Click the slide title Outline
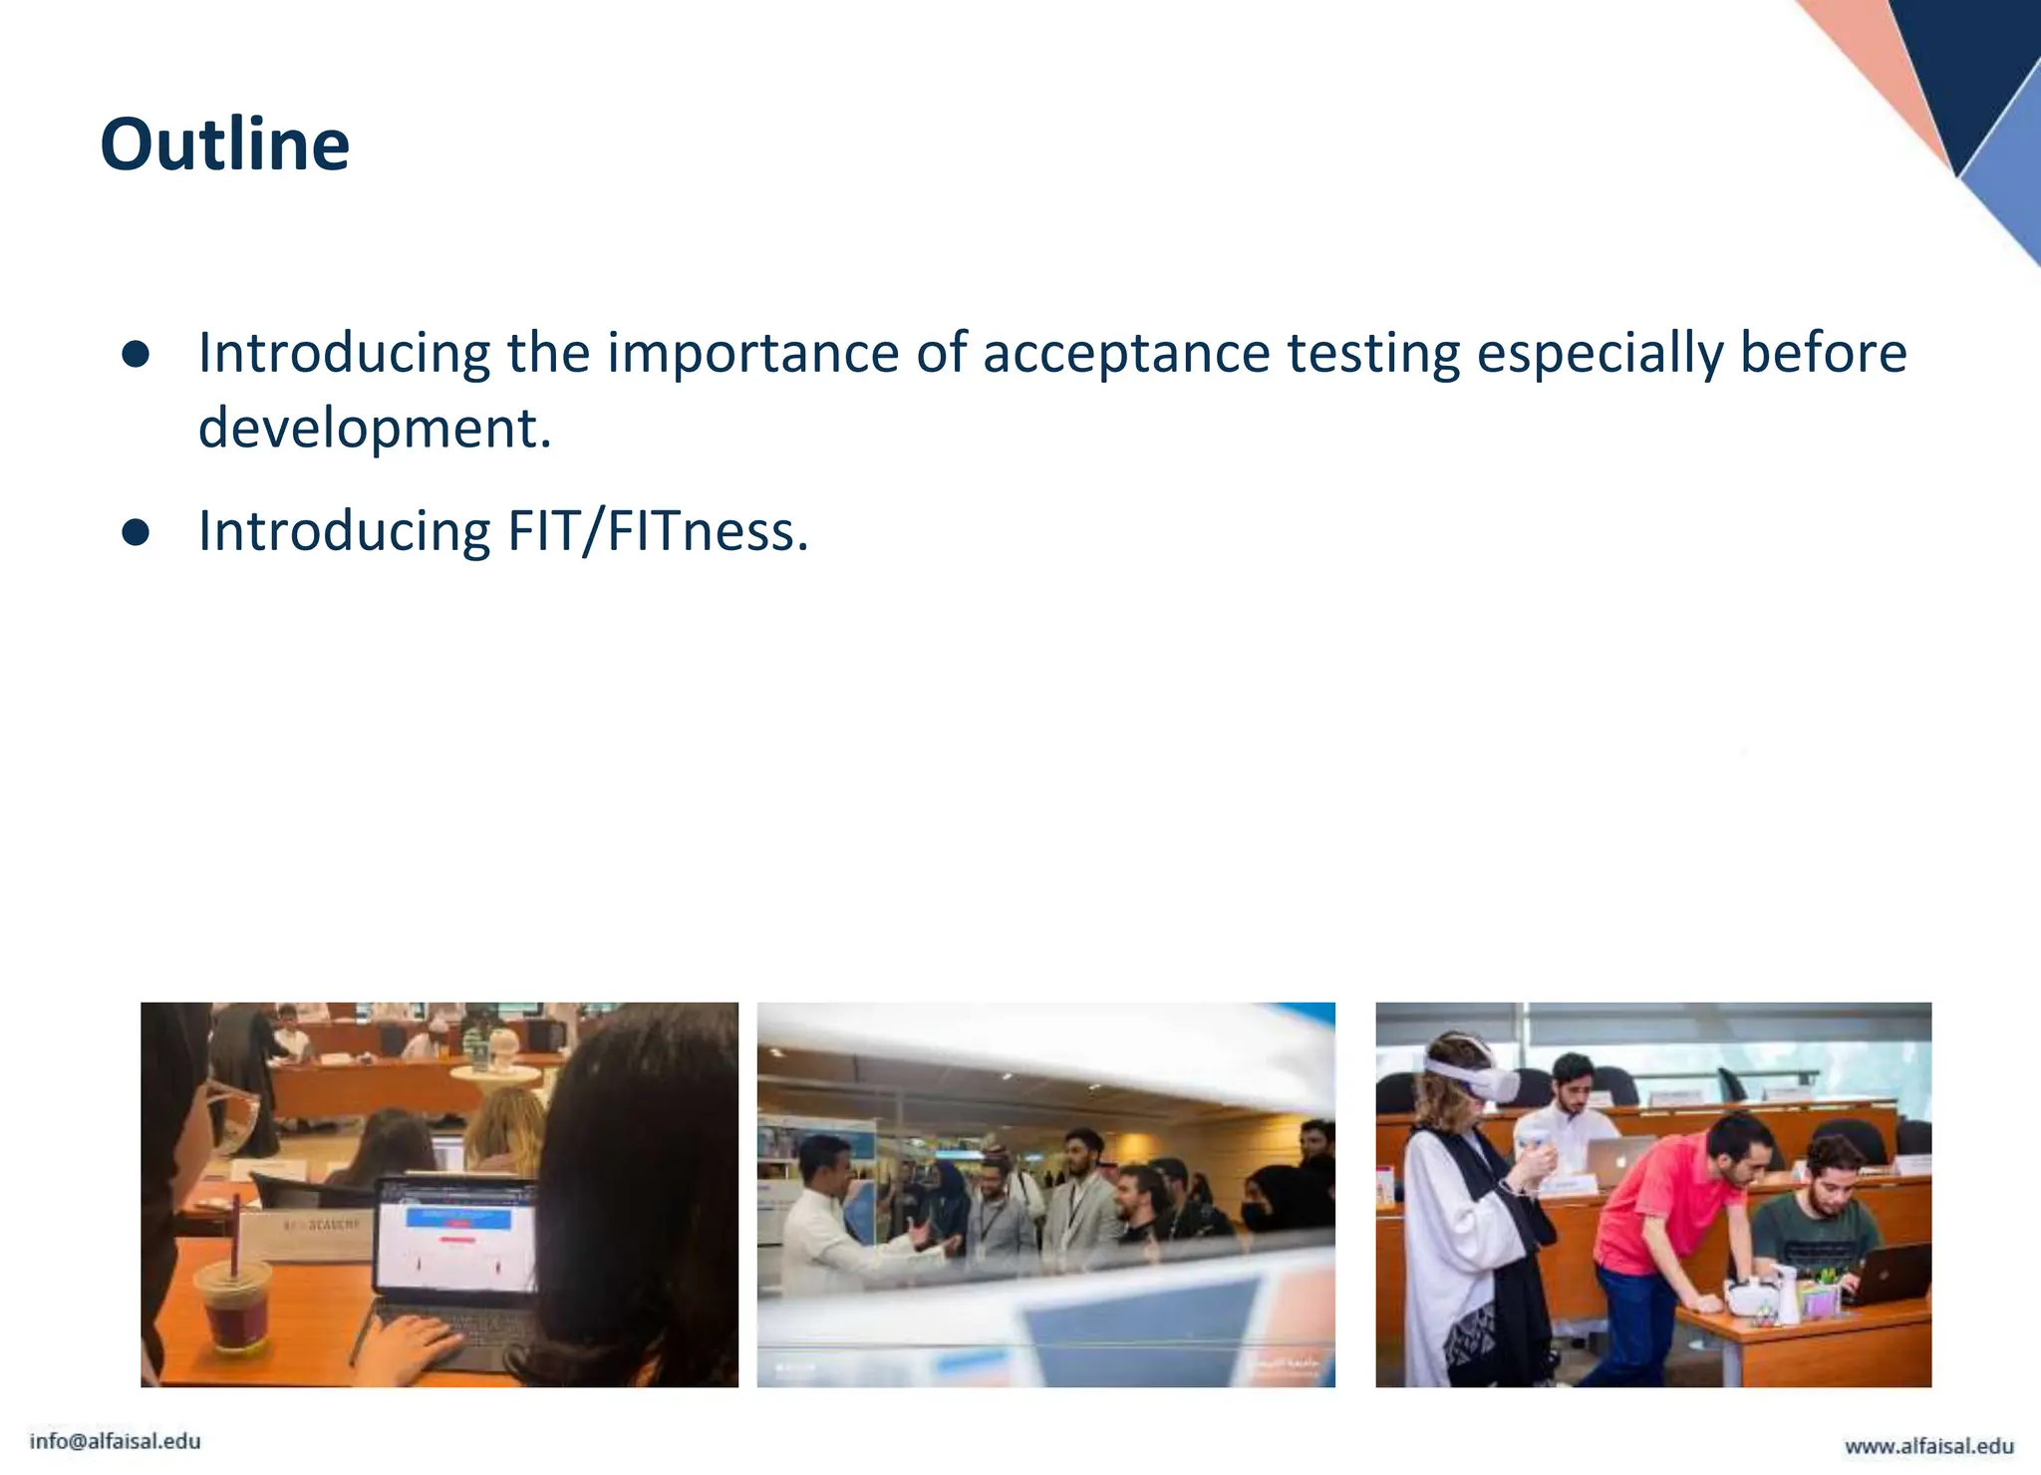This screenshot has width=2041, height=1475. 225,146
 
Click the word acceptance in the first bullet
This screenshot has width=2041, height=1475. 1125,353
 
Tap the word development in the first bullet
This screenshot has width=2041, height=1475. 375,429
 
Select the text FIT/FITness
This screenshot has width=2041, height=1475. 658,531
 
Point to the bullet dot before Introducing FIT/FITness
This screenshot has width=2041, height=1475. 136,532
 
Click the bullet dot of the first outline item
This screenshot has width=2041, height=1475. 136,355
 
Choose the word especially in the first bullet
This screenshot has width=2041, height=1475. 1600,353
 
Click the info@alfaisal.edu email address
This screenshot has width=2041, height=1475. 116,1441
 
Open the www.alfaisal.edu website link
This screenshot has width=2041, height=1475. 1928,1445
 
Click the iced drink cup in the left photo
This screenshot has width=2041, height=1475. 233,1306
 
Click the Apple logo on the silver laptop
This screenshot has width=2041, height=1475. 1621,1162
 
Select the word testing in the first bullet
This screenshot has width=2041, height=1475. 1373,353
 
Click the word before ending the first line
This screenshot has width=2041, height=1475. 1823,353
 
